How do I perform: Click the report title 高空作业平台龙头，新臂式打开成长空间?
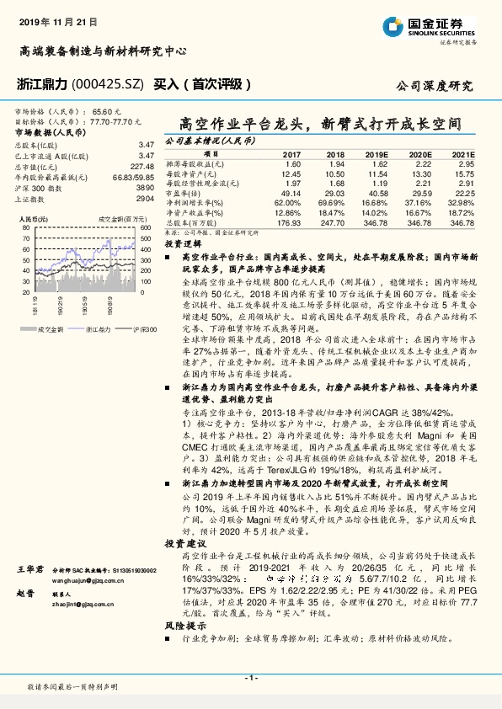321,123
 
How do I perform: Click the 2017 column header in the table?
291,156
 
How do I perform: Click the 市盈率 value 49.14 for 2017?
291,193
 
